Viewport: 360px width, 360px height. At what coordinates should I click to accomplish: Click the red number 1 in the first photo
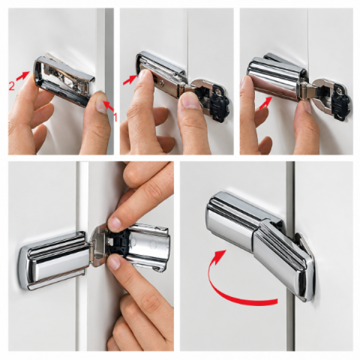(115, 117)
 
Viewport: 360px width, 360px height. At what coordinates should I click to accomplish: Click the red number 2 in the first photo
(11, 86)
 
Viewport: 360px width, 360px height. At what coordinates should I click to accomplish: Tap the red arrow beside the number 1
(108, 106)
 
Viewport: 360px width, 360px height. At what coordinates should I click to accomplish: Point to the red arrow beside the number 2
(22, 75)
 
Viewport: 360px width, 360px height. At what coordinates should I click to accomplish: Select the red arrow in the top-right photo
(265, 103)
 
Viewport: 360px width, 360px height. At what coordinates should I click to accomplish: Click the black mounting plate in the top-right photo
(341, 102)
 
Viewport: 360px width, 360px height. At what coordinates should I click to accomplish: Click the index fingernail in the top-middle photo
(144, 75)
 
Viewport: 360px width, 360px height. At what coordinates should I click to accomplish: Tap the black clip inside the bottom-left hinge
(118, 245)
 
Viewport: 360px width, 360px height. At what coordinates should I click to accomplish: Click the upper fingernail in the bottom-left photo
(115, 222)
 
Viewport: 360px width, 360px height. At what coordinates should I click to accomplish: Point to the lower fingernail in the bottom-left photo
(113, 262)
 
